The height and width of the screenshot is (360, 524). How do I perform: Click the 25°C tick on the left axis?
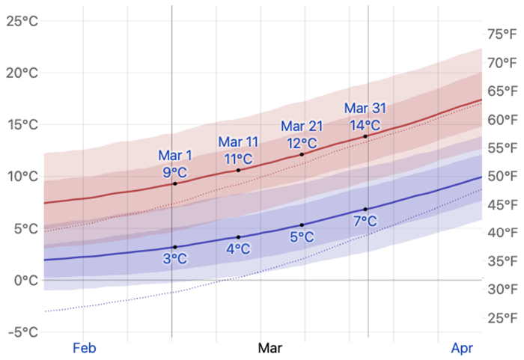tap(22, 21)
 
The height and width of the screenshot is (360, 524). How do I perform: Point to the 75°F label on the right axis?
tap(502, 34)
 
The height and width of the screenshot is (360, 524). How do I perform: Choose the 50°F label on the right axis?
tap(502, 177)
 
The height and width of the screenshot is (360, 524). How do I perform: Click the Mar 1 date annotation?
tap(175, 156)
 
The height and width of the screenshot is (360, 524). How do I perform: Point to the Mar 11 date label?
tap(239, 141)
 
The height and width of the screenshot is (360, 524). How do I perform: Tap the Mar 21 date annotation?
tap(302, 125)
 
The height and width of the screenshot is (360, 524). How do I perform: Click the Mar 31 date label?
tap(365, 109)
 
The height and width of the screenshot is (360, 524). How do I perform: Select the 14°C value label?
tap(365, 125)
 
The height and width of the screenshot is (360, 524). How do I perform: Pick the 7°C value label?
tap(365, 221)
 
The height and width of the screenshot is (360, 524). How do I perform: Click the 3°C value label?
tap(175, 259)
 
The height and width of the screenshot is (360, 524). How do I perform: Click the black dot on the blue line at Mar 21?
tap(302, 225)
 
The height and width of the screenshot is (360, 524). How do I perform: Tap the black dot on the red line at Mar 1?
tap(175, 183)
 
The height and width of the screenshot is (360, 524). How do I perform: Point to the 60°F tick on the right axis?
tap(502, 120)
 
